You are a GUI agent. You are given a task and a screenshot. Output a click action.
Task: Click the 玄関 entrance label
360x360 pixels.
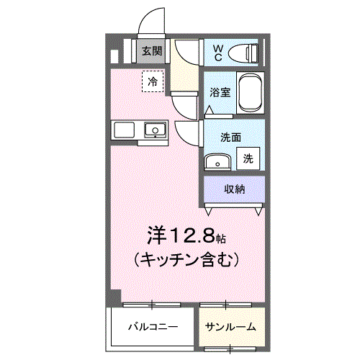tap(152, 51)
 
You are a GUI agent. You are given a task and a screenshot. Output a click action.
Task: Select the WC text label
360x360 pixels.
tap(218, 53)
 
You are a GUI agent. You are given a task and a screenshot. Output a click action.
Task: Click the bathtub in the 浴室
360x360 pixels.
tap(251, 93)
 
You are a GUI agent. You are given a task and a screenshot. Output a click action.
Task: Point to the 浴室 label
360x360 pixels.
tap(220, 92)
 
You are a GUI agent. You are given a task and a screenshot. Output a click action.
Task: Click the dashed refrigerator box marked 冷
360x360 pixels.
tap(153, 81)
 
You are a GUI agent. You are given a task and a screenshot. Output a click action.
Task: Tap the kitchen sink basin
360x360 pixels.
tap(156, 130)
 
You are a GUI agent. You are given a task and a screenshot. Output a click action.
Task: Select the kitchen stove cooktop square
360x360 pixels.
tap(124, 130)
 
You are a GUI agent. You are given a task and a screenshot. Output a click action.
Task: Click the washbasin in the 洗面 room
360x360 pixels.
tap(217, 162)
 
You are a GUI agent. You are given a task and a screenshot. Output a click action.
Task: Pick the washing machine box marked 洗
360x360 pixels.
tap(248, 158)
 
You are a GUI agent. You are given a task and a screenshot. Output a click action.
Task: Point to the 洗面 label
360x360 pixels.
tap(230, 138)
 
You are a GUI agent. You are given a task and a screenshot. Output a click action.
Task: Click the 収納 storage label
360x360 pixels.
tap(235, 189)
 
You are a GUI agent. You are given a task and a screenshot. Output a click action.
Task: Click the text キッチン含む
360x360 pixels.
tap(186, 260)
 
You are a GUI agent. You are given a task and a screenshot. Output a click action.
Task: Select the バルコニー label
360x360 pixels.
tap(153, 327)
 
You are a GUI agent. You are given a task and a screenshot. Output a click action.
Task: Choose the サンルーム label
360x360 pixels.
tap(230, 327)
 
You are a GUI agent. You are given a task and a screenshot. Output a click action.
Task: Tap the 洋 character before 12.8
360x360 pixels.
tap(157, 235)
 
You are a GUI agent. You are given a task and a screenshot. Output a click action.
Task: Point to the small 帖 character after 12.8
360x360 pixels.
tap(220, 238)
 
